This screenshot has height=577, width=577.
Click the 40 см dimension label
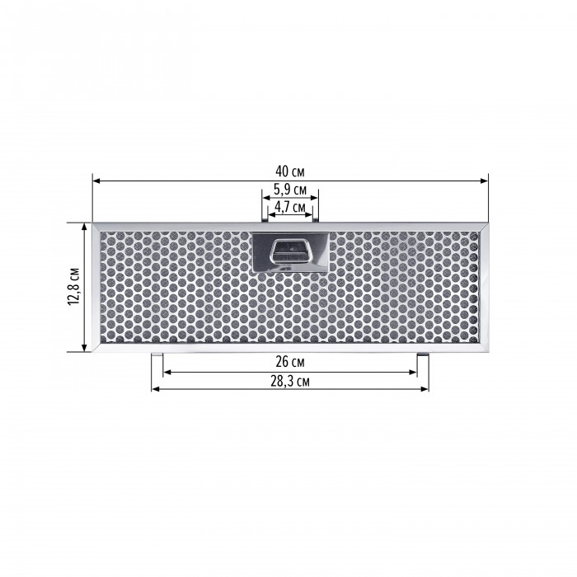[x=290, y=171]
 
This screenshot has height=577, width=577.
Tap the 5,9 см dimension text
[x=290, y=190]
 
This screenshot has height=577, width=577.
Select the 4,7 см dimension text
[x=290, y=207]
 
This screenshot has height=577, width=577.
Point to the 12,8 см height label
[x=73, y=286]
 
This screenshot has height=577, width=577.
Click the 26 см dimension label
[x=290, y=362]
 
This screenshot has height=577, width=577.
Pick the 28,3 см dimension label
[x=290, y=382]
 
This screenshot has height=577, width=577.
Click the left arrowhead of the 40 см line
[x=96, y=181]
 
